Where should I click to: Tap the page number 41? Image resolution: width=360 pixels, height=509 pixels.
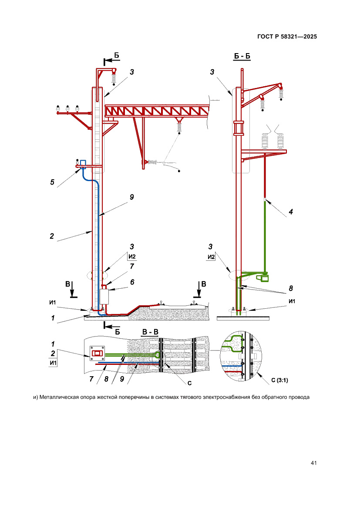pos(313,462)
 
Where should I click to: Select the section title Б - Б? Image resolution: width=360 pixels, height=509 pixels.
pos(242,57)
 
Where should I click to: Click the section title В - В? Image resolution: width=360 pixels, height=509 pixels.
pos(151,332)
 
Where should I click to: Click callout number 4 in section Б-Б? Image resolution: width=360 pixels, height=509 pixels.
pos(291,212)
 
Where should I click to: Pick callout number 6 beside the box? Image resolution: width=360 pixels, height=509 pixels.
pos(132,282)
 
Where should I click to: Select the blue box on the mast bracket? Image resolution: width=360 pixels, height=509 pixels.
pos(83,163)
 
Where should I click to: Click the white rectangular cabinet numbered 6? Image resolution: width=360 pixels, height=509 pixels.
pos(104,296)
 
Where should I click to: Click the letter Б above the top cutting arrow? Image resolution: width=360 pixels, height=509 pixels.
pos(117,55)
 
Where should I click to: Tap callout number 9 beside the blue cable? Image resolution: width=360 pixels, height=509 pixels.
pos(131,197)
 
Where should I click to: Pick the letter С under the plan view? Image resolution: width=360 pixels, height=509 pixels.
pos(190,384)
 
